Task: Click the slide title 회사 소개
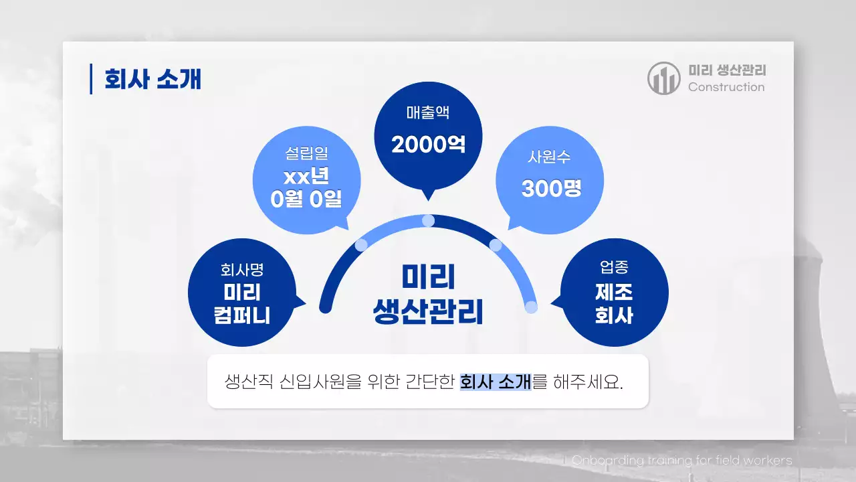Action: [x=152, y=79]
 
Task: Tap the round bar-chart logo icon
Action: [x=663, y=78]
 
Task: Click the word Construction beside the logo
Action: [x=726, y=87]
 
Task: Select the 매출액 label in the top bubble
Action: [x=428, y=112]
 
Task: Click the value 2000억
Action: [x=428, y=145]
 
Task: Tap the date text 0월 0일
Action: [x=306, y=199]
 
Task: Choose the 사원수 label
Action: [x=549, y=157]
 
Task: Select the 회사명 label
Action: [x=242, y=270]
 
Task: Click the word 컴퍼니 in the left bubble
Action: [x=242, y=315]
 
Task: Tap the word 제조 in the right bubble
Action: [x=614, y=292]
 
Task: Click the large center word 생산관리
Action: [x=428, y=312]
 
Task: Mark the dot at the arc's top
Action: [x=429, y=220]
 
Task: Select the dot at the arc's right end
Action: [x=531, y=307]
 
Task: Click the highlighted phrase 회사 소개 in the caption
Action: [x=495, y=382]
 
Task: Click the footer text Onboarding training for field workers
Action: [x=682, y=461]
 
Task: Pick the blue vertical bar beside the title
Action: [x=91, y=79]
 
